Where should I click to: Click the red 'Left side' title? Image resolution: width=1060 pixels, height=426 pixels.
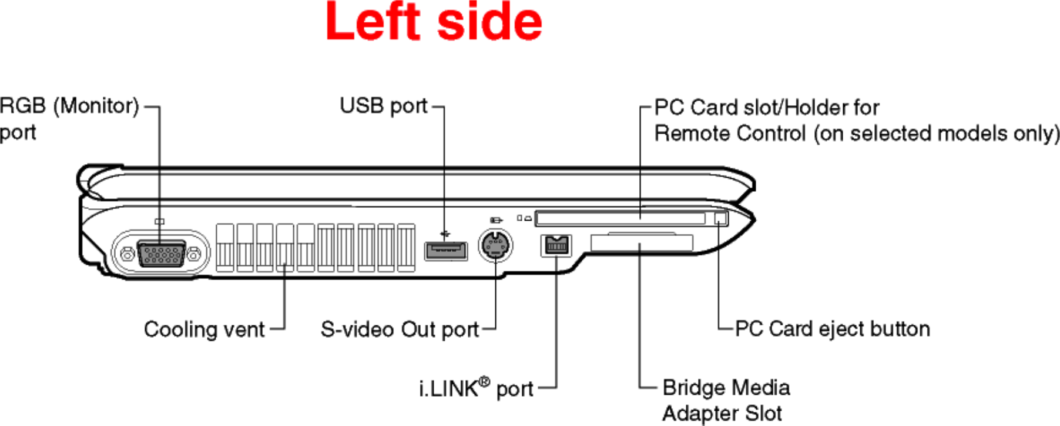pos(434,22)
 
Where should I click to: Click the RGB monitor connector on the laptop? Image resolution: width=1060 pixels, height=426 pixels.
pos(160,254)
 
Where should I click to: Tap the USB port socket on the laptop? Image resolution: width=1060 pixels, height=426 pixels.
pos(446,251)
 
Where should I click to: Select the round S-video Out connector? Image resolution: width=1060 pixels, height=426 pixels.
pos(495,245)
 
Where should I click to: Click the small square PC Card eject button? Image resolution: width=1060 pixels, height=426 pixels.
pos(720,218)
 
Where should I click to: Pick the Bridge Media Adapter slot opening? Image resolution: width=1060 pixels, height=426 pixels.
pos(642,242)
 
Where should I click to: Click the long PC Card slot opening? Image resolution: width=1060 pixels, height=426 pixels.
pos(620,219)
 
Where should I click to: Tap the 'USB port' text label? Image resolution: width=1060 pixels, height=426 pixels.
pos(383,106)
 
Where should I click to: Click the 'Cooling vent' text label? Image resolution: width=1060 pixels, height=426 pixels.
pos(204,330)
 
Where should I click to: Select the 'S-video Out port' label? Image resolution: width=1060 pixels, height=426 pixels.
pos(400,330)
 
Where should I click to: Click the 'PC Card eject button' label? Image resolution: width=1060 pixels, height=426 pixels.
pos(832,329)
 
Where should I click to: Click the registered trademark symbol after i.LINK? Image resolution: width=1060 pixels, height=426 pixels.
pos(484,382)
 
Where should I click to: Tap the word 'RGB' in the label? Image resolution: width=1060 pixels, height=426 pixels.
pos(23,106)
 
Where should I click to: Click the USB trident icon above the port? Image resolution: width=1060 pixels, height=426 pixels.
pos(445,234)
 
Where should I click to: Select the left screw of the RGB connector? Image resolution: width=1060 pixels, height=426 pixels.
pos(126,255)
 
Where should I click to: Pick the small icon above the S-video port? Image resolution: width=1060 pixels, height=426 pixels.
pos(495,219)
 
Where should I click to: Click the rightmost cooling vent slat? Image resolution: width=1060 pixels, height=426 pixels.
pos(406,247)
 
